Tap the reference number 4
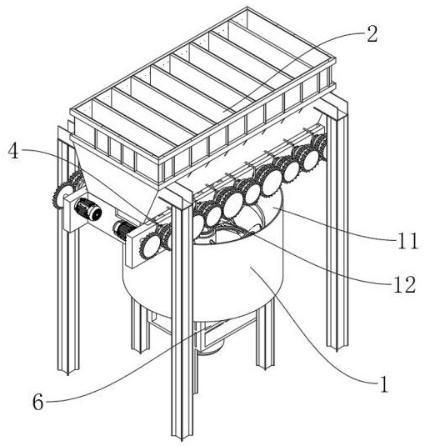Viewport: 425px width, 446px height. (x=13, y=151)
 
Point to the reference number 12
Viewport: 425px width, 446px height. (x=405, y=284)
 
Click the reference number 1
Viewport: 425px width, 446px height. (x=384, y=384)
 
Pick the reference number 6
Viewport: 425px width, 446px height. (x=37, y=402)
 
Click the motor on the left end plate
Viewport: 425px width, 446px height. (x=87, y=209)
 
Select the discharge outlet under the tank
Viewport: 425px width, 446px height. (x=210, y=348)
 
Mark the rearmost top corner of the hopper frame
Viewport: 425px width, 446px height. (x=247, y=8)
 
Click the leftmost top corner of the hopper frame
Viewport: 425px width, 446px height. (x=71, y=110)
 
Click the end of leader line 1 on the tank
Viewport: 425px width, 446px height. (x=250, y=268)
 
